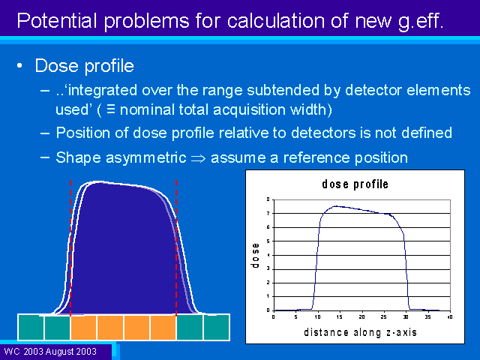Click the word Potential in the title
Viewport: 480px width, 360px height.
pos(57,21)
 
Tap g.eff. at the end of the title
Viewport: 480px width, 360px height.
pos(421,22)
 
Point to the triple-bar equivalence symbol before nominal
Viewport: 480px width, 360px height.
pos(111,109)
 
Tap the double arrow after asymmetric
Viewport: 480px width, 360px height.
pos(198,158)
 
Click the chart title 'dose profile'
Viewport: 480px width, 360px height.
pos(355,184)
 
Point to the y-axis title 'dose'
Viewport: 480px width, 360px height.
pos(255,255)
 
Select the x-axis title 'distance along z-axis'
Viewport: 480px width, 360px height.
pos(360,332)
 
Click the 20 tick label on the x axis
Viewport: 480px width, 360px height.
pos(361,317)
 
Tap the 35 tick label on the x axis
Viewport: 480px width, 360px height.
pos(427,317)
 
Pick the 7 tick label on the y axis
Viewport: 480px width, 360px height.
pos(268,213)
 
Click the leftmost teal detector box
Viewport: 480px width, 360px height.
pos(31,327)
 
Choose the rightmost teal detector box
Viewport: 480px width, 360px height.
pos(217,327)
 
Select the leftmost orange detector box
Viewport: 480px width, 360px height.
pos(83,328)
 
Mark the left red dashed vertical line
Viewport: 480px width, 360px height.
pos(70,248)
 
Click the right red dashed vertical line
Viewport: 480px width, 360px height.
pos(176,248)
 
